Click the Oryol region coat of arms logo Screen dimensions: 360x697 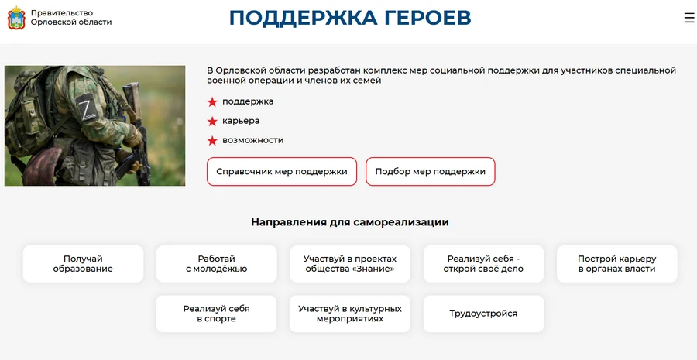(16, 18)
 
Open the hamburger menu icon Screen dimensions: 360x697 (689, 18)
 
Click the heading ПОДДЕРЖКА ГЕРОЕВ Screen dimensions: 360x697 (350, 18)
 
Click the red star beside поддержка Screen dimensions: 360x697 (212, 102)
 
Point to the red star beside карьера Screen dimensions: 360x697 (212, 122)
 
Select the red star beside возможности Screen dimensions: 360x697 (212, 141)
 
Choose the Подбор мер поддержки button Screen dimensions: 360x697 (430, 172)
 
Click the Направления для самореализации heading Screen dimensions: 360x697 (349, 222)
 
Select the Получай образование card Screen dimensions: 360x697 (83, 264)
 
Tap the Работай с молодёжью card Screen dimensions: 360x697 (216, 264)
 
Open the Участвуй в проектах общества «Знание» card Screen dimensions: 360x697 (350, 264)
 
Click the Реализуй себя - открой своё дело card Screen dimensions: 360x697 (483, 264)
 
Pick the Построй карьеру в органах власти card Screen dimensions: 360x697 (616, 264)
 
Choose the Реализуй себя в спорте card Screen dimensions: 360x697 (216, 314)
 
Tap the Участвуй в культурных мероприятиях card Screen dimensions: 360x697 (350, 314)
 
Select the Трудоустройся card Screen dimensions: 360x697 (483, 314)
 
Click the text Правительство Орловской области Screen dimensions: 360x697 (71, 18)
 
